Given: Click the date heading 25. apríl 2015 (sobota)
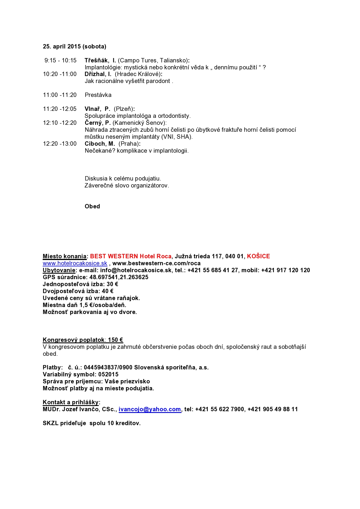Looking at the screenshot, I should point(75,46).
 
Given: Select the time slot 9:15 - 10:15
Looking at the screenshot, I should point(60,60).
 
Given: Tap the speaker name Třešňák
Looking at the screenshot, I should point(96,60).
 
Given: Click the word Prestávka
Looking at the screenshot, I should point(98,95).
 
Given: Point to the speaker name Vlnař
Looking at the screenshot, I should point(92,109).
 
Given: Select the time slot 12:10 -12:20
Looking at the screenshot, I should point(60,123).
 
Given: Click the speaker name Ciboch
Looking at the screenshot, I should point(95,144).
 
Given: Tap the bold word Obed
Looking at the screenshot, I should point(92,206).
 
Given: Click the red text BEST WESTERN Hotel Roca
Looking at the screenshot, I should point(131,256).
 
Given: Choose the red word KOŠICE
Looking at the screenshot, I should point(258,256).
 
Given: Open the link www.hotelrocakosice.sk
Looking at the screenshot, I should point(75,263).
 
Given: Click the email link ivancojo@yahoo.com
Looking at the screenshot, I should point(150,409).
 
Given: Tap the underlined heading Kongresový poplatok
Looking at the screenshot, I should point(74,340).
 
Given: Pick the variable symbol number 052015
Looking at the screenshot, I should point(108,374).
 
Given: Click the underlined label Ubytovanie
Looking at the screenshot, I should point(59,270).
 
